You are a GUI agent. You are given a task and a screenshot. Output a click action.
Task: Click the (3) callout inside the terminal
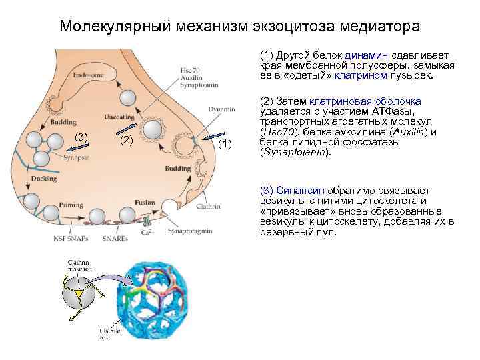(x=81, y=137)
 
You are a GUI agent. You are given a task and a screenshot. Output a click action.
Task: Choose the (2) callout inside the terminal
(x=127, y=139)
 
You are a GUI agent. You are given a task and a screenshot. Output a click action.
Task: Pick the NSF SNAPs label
(x=69, y=237)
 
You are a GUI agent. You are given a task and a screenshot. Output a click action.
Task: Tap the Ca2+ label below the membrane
(x=146, y=233)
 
